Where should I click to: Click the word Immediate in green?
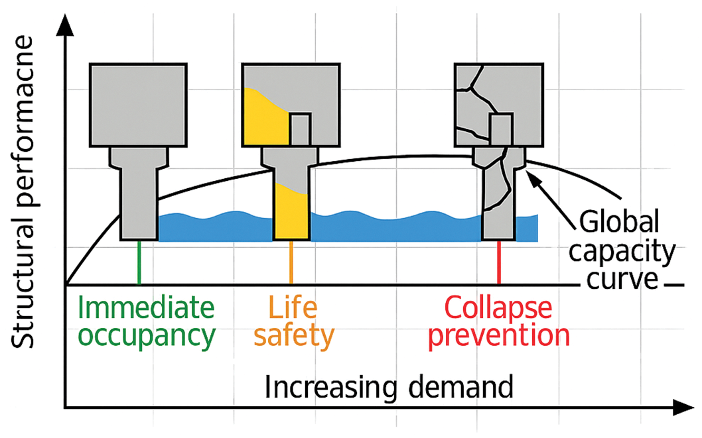(x=148, y=307)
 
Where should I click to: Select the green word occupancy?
(x=148, y=336)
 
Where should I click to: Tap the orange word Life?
(x=292, y=307)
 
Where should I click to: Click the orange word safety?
(x=293, y=336)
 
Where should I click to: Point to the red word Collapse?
(x=498, y=307)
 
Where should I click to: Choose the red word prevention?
(x=499, y=336)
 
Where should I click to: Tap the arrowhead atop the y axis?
(x=64, y=20)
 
